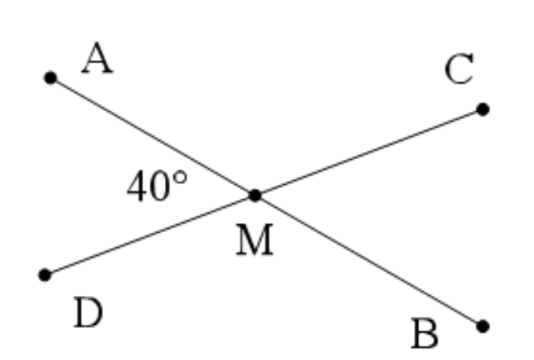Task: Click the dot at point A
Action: (50, 78)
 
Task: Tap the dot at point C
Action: (483, 110)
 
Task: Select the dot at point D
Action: (45, 275)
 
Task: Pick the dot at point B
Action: (483, 326)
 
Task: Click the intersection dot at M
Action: (255, 196)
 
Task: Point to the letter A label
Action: (98, 58)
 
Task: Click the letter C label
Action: (459, 69)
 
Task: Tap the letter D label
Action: (88, 312)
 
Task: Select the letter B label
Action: (424, 334)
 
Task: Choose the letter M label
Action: (255, 239)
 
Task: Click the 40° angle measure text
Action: (157, 186)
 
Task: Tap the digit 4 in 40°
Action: (138, 186)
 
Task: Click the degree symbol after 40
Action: (180, 178)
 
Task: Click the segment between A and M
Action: (153, 137)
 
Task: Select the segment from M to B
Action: (369, 261)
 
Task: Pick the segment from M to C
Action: (369, 153)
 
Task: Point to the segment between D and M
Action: (150, 235)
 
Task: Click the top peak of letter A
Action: (98, 42)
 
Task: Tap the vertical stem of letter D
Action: (81, 312)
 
